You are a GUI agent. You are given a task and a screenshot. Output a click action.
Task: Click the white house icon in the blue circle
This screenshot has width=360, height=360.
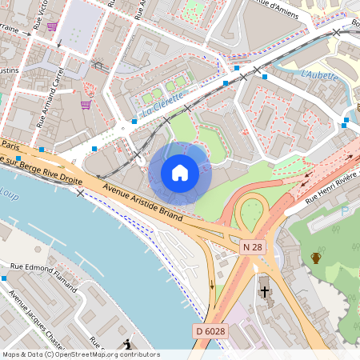click(180, 172)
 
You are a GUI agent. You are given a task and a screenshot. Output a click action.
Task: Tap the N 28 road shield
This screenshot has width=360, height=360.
click(252, 248)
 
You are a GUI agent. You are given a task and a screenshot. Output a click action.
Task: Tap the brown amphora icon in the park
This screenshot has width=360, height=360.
click(316, 257)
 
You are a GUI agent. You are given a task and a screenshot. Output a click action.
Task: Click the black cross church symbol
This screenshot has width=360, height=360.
click(265, 292)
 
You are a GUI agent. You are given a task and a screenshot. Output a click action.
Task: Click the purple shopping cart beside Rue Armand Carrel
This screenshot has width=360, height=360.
click(86, 103)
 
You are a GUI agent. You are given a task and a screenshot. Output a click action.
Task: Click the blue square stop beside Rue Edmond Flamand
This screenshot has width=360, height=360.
click(4, 278)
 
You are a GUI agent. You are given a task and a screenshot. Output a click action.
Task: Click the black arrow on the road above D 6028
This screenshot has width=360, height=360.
click(212, 285)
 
